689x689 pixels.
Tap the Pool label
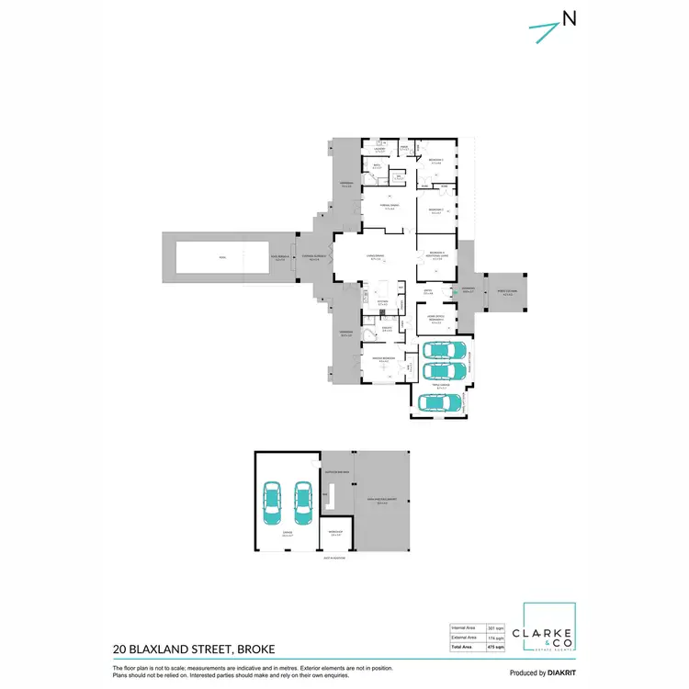click(209, 256)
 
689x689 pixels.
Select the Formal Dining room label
click(390, 206)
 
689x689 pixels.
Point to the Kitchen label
click(383, 300)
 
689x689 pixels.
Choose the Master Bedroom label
click(383, 357)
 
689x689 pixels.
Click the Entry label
click(427, 292)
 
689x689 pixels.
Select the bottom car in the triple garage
click(440, 401)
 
